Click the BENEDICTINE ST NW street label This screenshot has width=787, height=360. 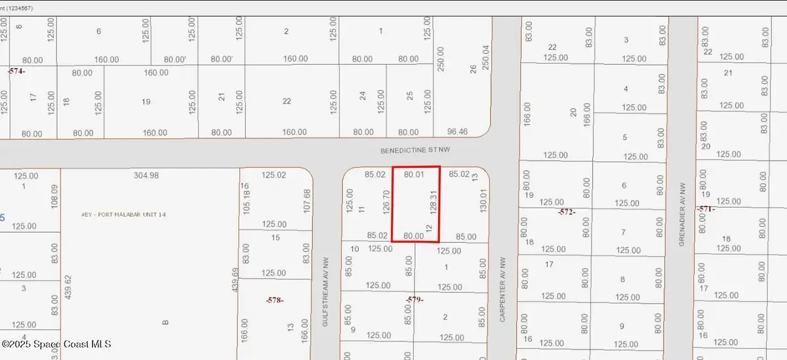coord(415,150)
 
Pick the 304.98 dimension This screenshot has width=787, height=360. coord(146,176)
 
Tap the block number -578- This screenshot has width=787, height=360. coord(275,300)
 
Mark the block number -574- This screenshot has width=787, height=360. coord(17,70)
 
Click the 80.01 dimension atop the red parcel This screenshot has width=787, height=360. coord(414,175)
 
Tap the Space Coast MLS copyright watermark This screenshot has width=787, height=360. coord(56,344)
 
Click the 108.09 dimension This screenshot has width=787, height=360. coord(55,197)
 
